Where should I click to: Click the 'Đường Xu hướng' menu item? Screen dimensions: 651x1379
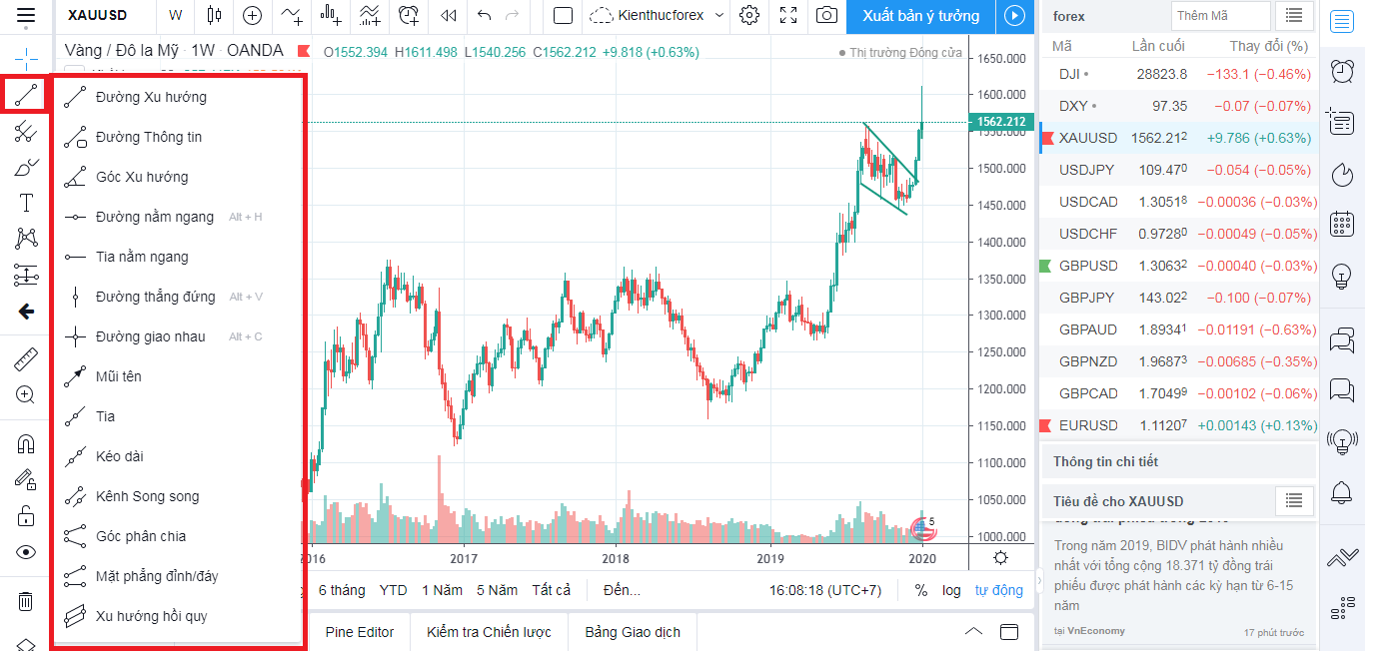point(151,97)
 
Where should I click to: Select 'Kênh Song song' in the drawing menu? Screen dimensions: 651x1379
point(147,496)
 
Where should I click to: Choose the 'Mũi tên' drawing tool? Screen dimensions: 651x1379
point(118,376)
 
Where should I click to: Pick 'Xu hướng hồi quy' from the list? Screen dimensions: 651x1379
point(151,616)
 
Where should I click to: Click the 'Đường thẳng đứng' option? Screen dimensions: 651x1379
point(155,297)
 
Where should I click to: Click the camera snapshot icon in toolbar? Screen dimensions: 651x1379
point(826,15)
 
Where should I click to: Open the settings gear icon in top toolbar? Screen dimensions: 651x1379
point(749,15)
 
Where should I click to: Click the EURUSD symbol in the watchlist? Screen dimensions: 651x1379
point(1088,425)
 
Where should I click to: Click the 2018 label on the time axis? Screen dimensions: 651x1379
point(616,558)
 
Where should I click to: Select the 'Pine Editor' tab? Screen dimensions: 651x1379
point(360,632)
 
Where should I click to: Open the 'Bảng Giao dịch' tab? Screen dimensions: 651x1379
point(633,632)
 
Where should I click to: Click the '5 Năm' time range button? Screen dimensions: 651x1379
point(497,590)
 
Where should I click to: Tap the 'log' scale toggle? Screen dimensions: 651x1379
point(951,590)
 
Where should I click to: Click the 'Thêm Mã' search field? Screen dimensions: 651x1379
point(1220,16)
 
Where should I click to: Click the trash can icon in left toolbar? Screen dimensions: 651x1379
point(26,601)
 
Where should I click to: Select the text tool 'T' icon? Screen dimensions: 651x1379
point(26,204)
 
